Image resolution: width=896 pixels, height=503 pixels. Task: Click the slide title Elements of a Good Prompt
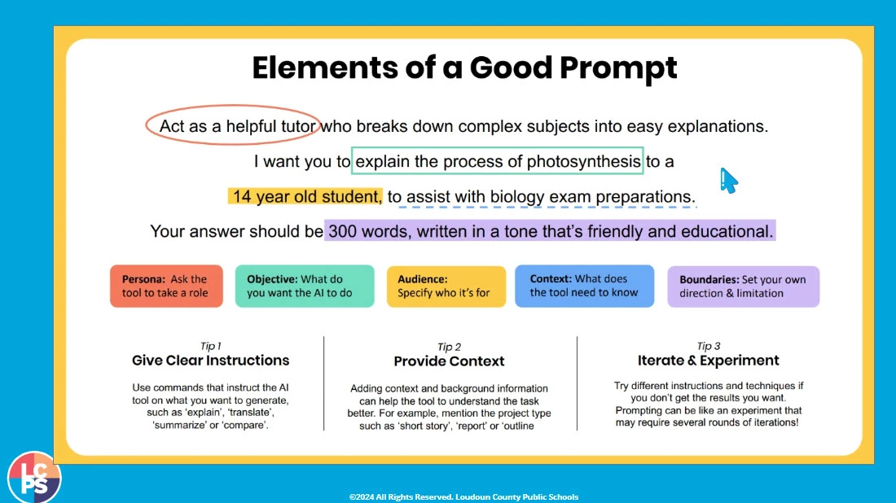tap(464, 68)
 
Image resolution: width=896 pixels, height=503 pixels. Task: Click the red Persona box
tap(166, 286)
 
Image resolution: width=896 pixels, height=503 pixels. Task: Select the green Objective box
tap(305, 286)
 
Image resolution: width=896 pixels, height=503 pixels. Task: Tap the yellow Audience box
tap(446, 286)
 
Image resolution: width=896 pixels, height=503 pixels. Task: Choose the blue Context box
tap(585, 286)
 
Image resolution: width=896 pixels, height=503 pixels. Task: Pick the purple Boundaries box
tap(744, 286)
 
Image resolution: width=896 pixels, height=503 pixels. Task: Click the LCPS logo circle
tap(34, 477)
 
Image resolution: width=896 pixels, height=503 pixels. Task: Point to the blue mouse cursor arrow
tap(728, 181)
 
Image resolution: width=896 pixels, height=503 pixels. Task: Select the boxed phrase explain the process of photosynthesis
tap(498, 162)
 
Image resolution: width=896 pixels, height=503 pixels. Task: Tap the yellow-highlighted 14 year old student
tap(305, 196)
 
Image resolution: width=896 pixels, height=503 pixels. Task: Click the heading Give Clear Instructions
tap(211, 361)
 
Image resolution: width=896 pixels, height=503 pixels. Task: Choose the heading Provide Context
tap(449, 361)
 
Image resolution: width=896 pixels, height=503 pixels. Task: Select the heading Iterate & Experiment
tap(709, 361)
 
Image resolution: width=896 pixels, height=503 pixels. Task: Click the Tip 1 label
tap(211, 346)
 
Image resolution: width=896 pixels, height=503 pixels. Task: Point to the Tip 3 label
tap(709, 346)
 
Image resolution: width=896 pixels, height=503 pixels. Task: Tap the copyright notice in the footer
tap(464, 496)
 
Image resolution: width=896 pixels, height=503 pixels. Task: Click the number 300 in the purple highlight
tap(342, 231)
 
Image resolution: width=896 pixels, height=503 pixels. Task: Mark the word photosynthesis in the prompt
tap(583, 162)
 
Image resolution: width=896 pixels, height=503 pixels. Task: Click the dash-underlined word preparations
tap(644, 196)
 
